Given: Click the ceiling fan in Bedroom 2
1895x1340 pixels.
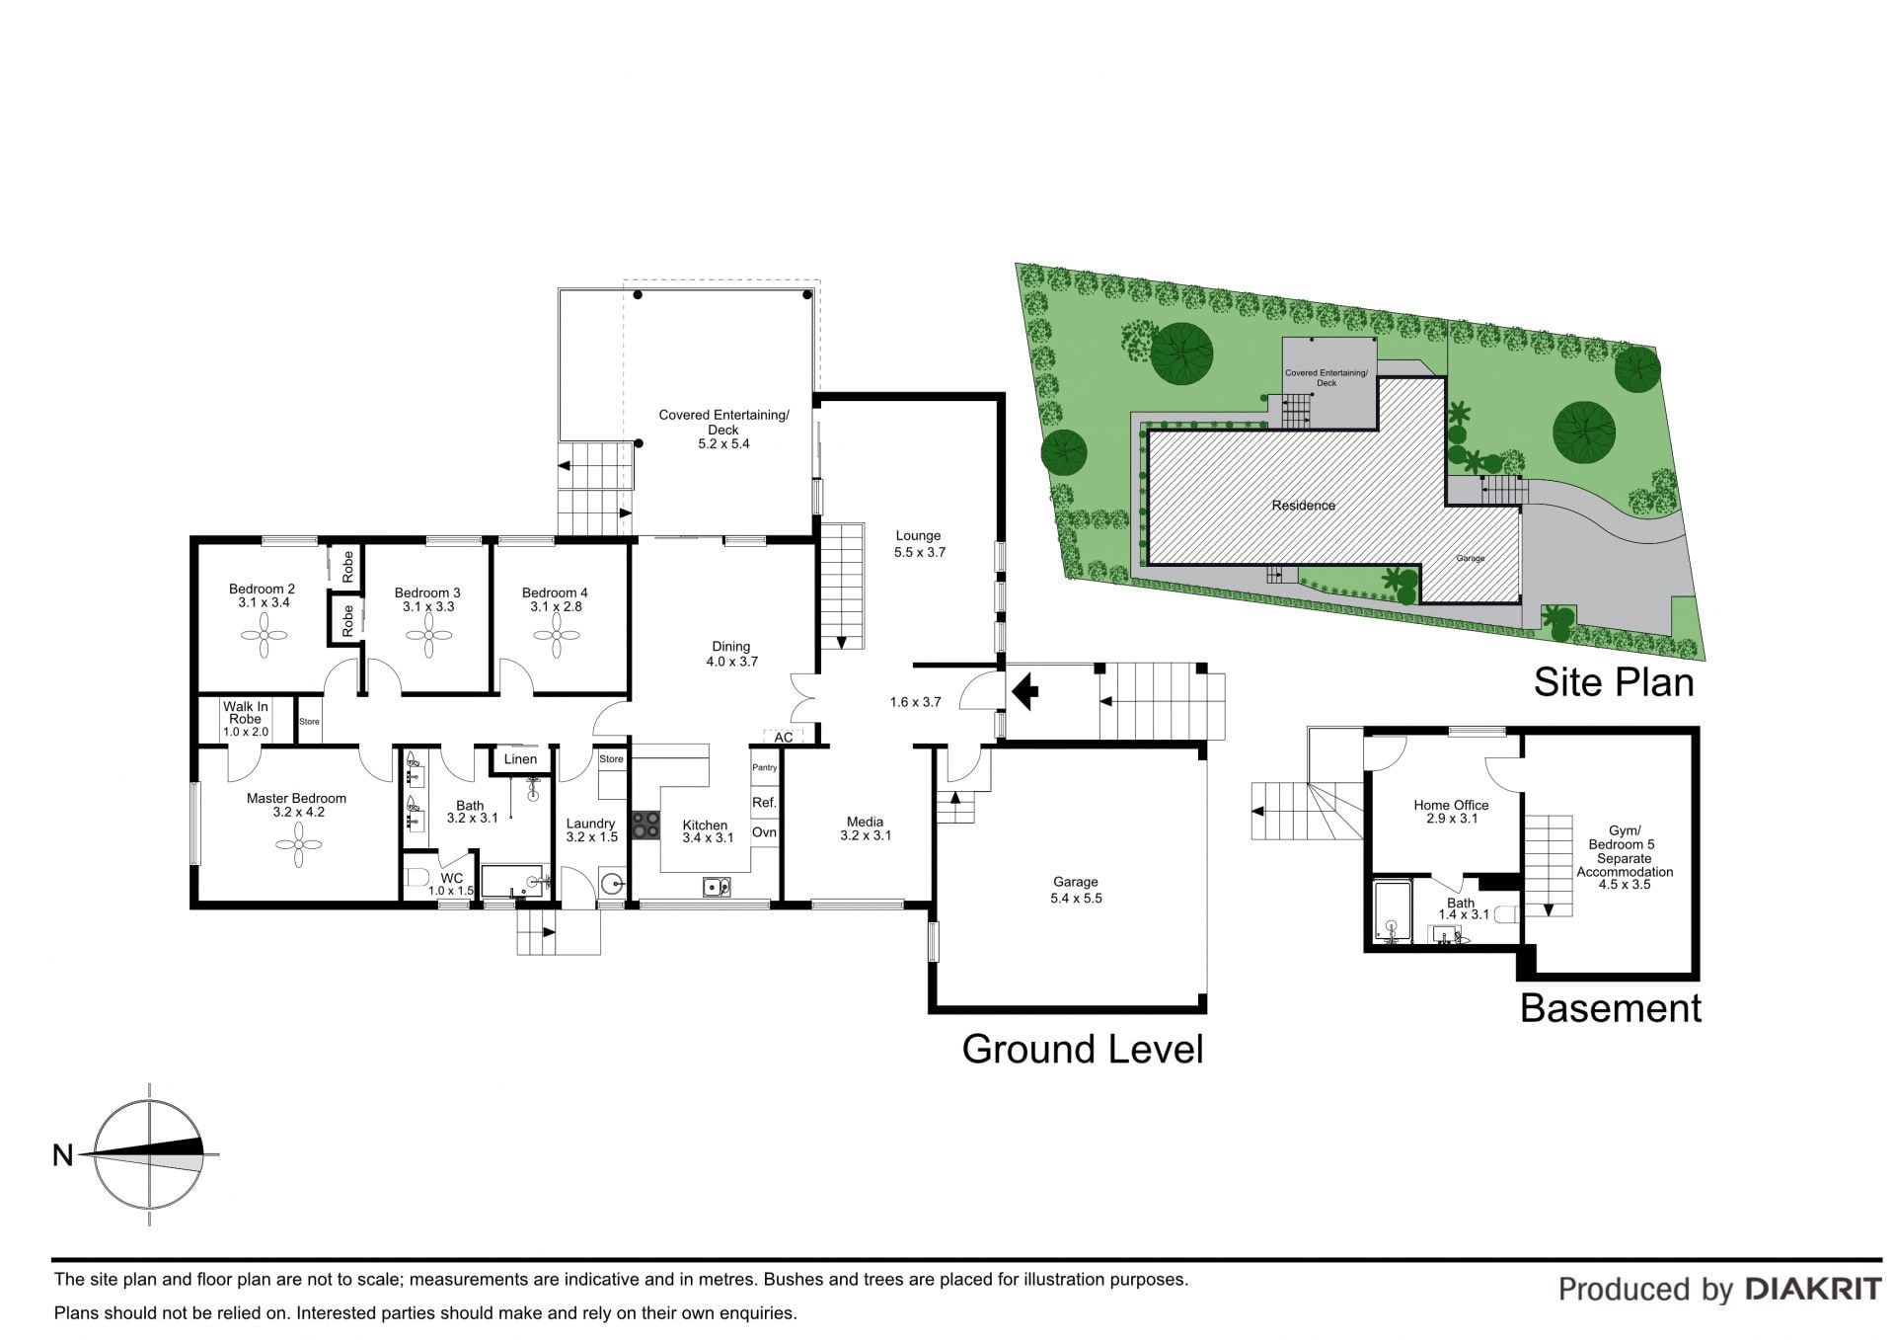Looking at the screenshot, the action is click(265, 636).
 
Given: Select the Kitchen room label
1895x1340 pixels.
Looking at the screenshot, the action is click(705, 825).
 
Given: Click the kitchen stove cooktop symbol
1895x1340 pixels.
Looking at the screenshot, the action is click(645, 824).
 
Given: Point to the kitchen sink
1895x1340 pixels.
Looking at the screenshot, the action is click(717, 887).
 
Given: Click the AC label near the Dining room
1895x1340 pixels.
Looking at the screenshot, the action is click(783, 737).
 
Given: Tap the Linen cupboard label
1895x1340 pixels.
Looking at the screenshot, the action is click(520, 758).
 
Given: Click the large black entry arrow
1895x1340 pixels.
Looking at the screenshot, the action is click(1025, 691).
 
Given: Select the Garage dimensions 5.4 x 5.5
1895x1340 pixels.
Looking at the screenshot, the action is click(1076, 898).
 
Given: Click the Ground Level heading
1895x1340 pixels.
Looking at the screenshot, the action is click(1083, 1049).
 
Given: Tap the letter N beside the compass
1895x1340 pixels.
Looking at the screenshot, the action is click(63, 1153).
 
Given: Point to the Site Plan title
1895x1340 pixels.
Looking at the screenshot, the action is click(1613, 682).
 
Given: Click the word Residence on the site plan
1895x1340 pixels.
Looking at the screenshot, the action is click(1303, 505).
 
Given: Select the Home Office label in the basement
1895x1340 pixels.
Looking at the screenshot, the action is click(1451, 805).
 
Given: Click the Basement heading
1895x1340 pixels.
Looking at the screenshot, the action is click(1611, 1008).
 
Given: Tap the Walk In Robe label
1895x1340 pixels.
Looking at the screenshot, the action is click(246, 713).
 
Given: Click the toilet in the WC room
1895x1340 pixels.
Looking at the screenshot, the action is click(416, 877).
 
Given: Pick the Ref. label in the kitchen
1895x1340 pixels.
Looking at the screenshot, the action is click(764, 802).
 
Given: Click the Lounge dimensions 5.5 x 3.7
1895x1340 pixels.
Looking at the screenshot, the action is click(919, 552).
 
